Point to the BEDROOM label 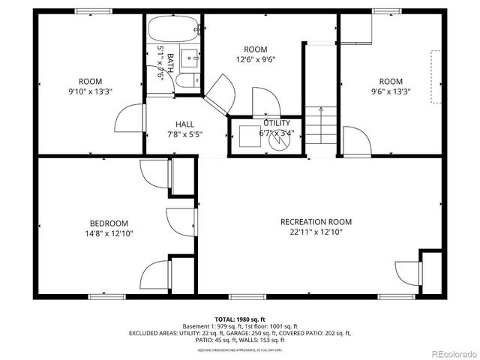point(109,223)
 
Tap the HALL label point(184,124)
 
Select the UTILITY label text point(277,123)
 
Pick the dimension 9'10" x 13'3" point(91,92)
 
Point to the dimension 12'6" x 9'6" point(255,61)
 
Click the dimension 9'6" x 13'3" point(390,92)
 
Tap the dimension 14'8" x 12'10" point(109,234)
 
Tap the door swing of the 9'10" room point(129,118)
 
